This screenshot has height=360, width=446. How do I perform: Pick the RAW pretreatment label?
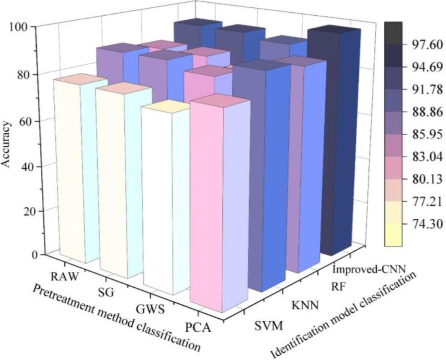62,276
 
